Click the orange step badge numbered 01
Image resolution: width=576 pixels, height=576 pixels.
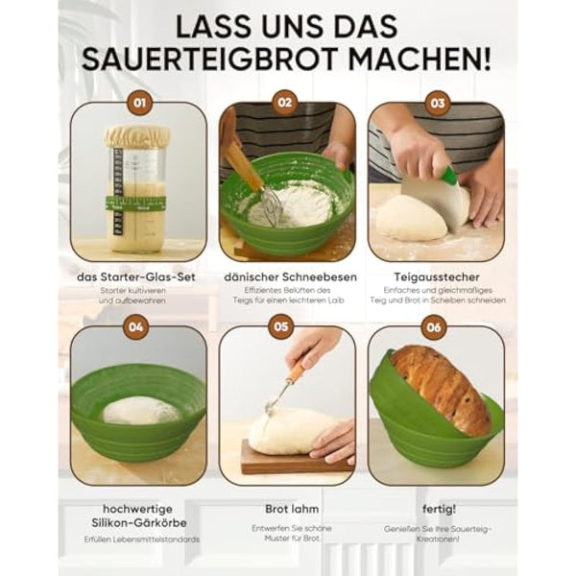138,103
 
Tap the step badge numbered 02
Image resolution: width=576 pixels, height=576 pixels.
286,103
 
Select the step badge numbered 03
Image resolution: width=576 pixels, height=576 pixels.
437,103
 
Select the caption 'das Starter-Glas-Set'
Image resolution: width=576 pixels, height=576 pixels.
138,276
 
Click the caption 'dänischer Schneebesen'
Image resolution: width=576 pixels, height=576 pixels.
287,276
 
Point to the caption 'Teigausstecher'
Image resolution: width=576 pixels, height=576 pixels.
437,276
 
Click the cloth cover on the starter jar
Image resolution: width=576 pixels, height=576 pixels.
138,136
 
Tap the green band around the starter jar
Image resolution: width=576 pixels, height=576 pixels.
136,204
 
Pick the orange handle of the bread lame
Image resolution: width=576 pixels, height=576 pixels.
297,368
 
